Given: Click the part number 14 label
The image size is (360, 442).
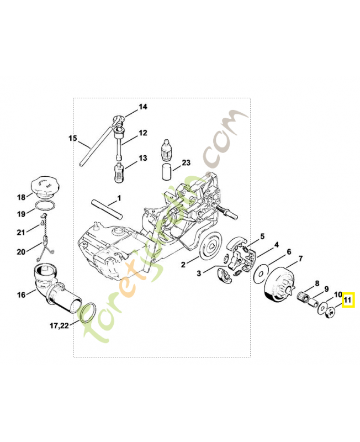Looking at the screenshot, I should pyautogui.click(x=143, y=107).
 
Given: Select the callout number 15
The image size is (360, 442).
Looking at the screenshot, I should pyautogui.click(x=72, y=138).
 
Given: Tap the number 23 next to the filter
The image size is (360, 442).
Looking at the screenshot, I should pyautogui.click(x=186, y=162).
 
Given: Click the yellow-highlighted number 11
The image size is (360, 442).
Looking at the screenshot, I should pyautogui.click(x=348, y=301).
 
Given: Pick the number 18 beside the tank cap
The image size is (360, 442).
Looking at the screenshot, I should pyautogui.click(x=21, y=197).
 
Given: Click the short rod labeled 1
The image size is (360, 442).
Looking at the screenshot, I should pyautogui.click(x=107, y=206).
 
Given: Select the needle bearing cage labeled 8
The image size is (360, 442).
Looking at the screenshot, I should pyautogui.click(x=301, y=298).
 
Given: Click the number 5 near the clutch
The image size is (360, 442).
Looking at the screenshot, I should pyautogui.click(x=262, y=236).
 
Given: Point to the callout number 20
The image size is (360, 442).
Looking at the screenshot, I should pyautogui.click(x=21, y=251).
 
